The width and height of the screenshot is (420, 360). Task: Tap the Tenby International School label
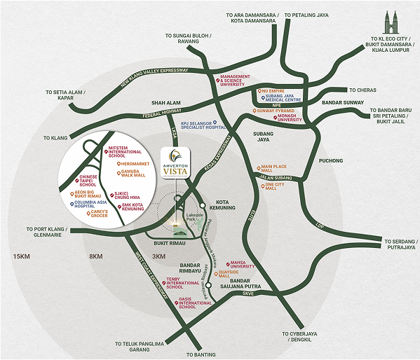(x=181, y=282)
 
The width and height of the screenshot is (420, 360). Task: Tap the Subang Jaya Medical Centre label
(x=286, y=99)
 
